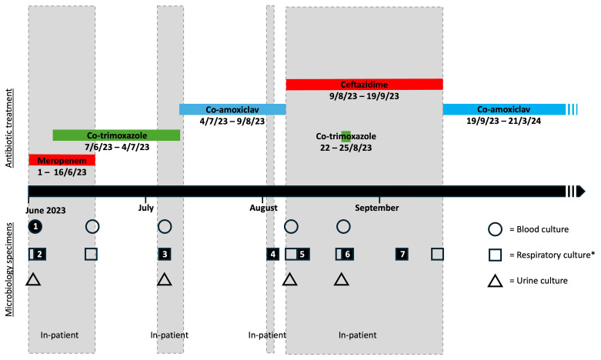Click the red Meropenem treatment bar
point(62,160)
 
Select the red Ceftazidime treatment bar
point(364,84)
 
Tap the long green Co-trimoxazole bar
point(116,135)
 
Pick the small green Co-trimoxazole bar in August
point(346,136)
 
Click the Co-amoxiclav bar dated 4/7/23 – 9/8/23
point(232,109)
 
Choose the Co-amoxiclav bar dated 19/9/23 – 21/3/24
point(503,109)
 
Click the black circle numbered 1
point(35,226)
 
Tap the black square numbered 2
point(40,254)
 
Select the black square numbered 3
point(164,254)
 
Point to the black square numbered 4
point(272,254)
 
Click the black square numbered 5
point(303,254)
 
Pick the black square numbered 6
point(348,254)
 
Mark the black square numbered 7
point(401,254)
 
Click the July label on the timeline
point(146,208)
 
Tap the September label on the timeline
point(378,208)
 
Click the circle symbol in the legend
point(496,229)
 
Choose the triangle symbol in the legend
point(496,279)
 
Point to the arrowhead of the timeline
point(581,192)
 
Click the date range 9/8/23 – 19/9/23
point(364,97)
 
